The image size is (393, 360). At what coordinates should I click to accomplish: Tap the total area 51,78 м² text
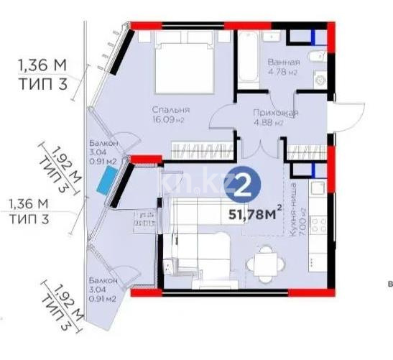pos(254,213)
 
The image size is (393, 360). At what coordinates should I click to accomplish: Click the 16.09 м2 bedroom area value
pos(170,121)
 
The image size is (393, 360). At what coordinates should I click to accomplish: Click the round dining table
pos(267,264)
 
